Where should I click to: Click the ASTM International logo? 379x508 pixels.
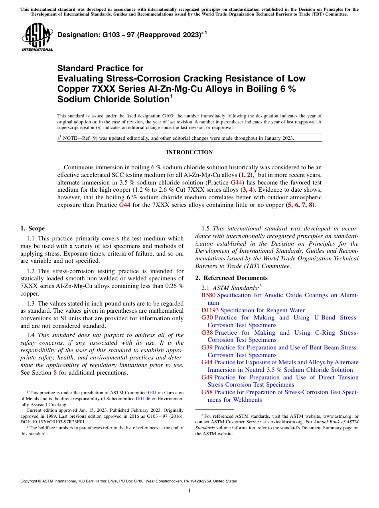[x=37, y=38]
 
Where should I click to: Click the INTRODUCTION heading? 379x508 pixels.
[x=189, y=153]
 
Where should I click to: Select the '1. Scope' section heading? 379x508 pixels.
[x=32, y=228]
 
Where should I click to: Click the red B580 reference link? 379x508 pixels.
[x=208, y=295]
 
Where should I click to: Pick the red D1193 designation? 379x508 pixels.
[x=210, y=310]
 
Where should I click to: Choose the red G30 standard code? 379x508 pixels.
[x=207, y=317]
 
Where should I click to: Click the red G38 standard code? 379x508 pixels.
[x=207, y=333]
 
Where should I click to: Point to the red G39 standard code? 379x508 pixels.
[x=207, y=347]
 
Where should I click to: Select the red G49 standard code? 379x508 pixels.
[x=207, y=377]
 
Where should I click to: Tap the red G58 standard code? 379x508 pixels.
[x=207, y=392]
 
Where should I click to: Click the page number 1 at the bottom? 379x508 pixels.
[x=189, y=490]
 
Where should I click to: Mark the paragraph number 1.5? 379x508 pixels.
[x=205, y=228]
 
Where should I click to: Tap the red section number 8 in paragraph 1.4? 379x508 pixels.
[x=55, y=373]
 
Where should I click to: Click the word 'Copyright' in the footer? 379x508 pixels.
[x=30, y=481]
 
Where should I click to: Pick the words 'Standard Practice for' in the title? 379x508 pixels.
[x=100, y=68]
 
